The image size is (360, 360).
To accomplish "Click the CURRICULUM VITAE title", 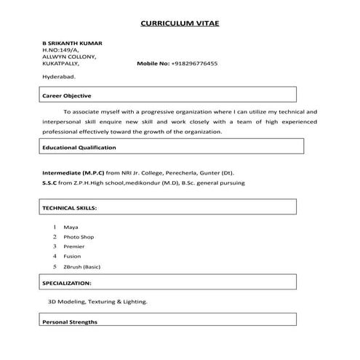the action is (x=179, y=23).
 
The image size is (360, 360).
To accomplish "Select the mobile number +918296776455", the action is (x=194, y=63).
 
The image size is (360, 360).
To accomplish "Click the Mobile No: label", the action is (x=153, y=63).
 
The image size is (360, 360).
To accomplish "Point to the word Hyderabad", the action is (x=59, y=76).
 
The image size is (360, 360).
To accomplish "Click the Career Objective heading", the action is (x=67, y=95).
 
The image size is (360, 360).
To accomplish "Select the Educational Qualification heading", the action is (x=79, y=147).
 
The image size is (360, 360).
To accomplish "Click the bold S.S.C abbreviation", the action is (x=49, y=183).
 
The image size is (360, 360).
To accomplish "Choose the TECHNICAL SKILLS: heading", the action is (x=69, y=207).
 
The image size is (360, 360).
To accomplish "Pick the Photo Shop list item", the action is (x=79, y=237).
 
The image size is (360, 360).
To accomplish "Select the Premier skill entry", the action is (x=74, y=247).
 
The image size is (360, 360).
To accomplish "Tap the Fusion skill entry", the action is (x=73, y=257).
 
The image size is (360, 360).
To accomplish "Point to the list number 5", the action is (x=55, y=267).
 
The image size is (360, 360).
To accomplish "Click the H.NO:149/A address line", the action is (x=59, y=49).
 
